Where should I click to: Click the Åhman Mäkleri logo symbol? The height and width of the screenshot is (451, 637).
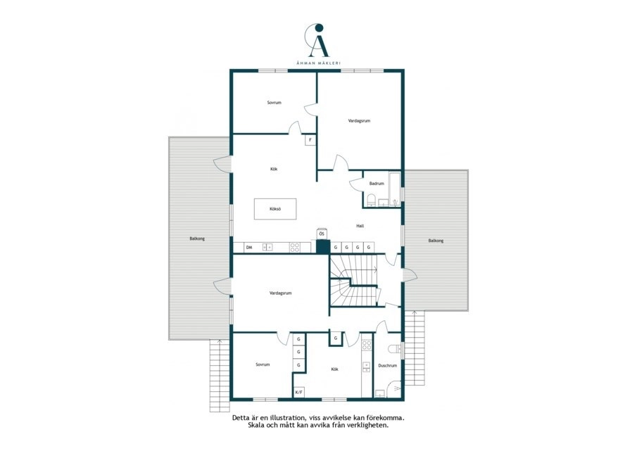point(317,41)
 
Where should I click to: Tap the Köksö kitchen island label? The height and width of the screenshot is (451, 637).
point(275,209)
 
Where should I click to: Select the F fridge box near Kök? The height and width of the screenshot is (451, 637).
point(310,140)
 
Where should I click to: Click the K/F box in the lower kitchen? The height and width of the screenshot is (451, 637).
point(299,392)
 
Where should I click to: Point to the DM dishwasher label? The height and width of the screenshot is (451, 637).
point(249,247)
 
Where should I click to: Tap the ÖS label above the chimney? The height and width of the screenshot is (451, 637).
point(322,234)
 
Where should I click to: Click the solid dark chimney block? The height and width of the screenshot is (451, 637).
point(322,247)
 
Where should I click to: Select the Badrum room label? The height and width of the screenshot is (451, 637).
point(377,184)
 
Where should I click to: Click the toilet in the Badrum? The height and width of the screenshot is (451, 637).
point(370,201)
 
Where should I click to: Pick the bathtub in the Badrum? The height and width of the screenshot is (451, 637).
point(394,189)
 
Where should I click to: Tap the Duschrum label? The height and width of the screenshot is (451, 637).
point(387,366)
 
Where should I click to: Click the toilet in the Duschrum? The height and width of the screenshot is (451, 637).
point(394,350)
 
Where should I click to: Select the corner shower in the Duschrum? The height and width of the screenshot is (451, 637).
point(393,390)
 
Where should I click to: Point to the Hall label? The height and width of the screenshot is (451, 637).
point(360,226)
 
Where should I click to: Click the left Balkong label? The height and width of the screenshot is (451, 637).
point(197,239)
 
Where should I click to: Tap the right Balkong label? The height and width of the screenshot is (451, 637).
point(436,241)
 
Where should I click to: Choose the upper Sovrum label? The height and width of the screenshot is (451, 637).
point(275,103)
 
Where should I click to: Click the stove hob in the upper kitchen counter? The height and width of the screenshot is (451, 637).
point(294,247)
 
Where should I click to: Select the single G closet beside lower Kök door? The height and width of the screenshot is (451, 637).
point(336,338)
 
